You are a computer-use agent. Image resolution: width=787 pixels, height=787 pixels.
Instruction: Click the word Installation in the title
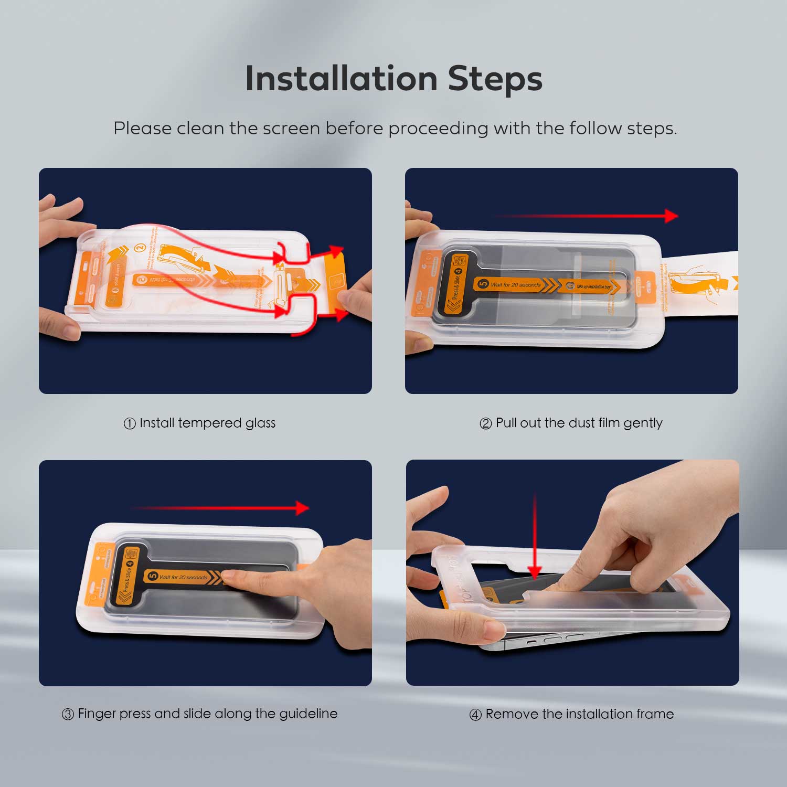pyautogui.click(x=341, y=79)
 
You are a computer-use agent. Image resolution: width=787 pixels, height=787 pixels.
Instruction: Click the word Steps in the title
pyautogui.click(x=495, y=79)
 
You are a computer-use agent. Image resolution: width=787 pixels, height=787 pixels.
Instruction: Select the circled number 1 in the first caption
pyautogui.click(x=130, y=423)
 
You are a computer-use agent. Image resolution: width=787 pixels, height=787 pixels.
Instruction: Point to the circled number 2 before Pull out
pyautogui.click(x=485, y=423)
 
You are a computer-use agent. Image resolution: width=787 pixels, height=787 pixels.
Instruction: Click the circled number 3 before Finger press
pyautogui.click(x=68, y=715)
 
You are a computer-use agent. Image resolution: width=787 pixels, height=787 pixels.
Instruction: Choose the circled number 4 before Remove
pyautogui.click(x=475, y=715)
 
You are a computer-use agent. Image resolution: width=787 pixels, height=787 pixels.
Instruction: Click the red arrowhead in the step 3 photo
pyautogui.click(x=302, y=508)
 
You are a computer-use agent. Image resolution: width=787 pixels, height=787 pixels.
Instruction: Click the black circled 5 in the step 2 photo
pyautogui.click(x=483, y=284)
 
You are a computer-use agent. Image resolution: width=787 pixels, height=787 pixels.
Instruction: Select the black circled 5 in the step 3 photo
pyautogui.click(x=153, y=576)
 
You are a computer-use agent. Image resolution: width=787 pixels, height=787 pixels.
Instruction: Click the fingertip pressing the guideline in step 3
pyautogui.click(x=229, y=577)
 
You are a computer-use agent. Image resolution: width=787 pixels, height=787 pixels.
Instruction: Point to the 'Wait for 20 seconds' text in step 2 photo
pyautogui.click(x=515, y=285)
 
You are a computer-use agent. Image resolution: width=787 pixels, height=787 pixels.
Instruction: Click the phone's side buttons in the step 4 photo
pyautogui.click(x=556, y=640)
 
